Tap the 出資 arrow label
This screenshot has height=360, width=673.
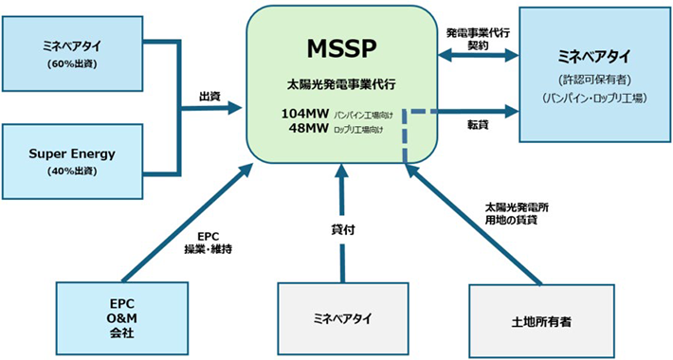210,97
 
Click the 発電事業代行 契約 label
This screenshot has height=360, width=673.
478,38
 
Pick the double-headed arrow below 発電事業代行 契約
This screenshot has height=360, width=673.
478,59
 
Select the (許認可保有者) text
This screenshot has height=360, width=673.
594,79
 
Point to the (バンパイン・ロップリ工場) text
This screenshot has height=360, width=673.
594,97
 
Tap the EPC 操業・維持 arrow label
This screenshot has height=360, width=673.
209,242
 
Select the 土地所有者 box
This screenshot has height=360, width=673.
540,321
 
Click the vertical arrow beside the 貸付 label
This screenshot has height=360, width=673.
341,227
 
